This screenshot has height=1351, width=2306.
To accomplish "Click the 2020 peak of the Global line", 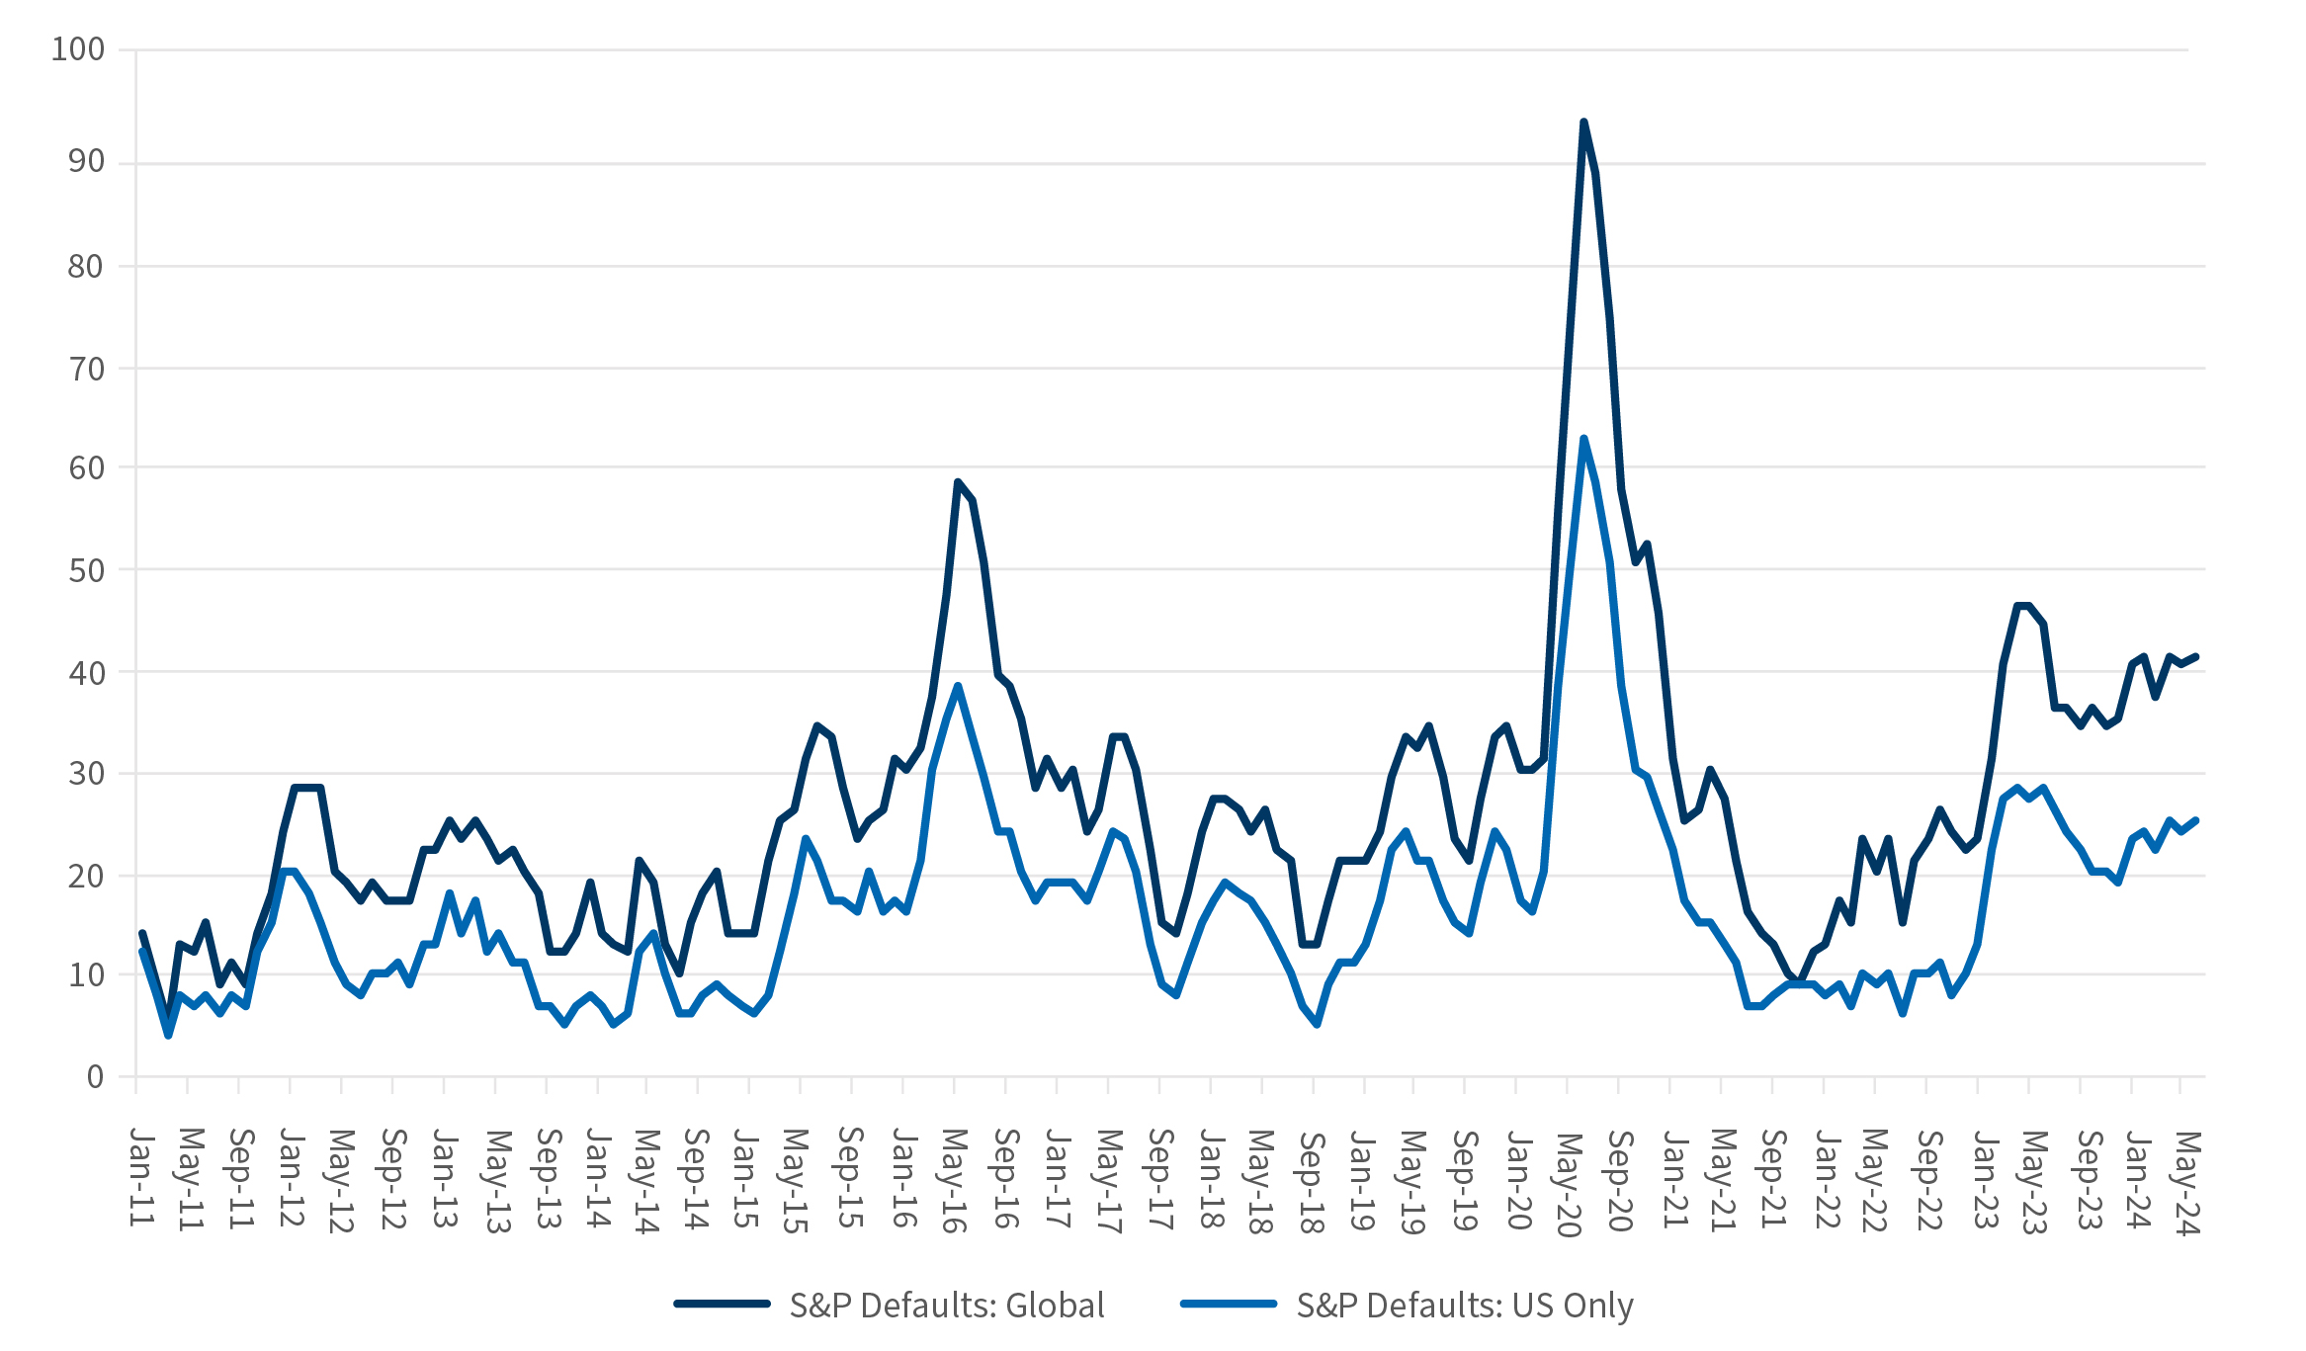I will pyautogui.click(x=1583, y=122).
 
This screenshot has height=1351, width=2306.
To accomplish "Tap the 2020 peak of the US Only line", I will pyautogui.click(x=1583, y=438).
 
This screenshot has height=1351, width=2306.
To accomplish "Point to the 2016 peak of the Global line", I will pyautogui.click(x=957, y=482).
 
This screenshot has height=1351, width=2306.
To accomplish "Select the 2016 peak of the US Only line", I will pyautogui.click(x=957, y=685).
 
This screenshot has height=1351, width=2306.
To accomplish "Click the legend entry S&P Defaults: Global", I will pyautogui.click(x=946, y=1306).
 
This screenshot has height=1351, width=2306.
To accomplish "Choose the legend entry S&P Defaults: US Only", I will pyautogui.click(x=1464, y=1306).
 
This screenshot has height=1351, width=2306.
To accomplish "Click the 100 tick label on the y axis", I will pyautogui.click(x=78, y=49).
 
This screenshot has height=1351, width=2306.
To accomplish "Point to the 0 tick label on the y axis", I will pyautogui.click(x=95, y=1076).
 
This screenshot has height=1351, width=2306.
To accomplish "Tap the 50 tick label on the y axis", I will pyautogui.click(x=86, y=570).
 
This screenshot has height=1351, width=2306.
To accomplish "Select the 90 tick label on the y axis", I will pyautogui.click(x=86, y=161).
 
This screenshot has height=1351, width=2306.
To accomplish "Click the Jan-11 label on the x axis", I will pyautogui.click(x=142, y=1176).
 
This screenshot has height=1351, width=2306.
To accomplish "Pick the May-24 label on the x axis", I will pyautogui.click(x=2187, y=1182).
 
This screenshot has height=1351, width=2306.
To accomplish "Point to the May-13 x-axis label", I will pyautogui.click(x=496, y=1182).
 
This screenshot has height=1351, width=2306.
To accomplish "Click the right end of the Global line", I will pyautogui.click(x=2195, y=656).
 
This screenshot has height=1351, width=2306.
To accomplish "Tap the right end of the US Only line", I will pyautogui.click(x=2195, y=820).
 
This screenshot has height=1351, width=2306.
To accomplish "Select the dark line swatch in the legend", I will pyautogui.click(x=722, y=1305).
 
